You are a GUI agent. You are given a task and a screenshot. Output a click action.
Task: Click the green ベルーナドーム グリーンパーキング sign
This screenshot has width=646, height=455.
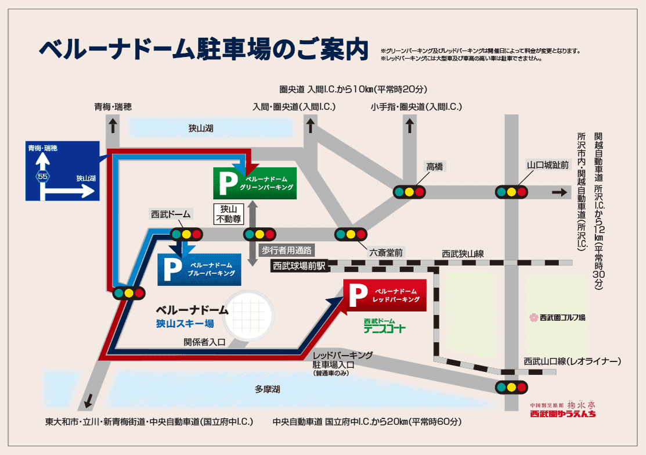click(x=255, y=183)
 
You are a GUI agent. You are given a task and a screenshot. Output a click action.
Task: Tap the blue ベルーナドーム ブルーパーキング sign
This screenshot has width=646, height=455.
click(x=199, y=269)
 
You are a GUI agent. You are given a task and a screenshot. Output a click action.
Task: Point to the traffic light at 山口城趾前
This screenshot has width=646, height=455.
click(x=511, y=191)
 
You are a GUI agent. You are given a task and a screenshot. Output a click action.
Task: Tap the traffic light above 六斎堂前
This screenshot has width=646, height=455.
click(x=351, y=234)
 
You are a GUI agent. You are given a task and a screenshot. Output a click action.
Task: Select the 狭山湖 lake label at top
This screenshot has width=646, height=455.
click(x=201, y=128)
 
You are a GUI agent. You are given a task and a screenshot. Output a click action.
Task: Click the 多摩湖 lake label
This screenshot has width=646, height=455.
click(x=267, y=388)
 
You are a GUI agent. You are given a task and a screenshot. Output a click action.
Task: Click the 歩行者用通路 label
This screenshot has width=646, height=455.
click(x=286, y=250)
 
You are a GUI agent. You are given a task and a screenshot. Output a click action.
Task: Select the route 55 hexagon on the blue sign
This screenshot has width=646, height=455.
click(x=42, y=175)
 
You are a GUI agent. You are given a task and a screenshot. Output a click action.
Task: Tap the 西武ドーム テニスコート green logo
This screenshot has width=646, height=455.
click(x=384, y=326)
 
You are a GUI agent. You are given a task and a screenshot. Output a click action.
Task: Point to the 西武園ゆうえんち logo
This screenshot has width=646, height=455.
click(x=562, y=410)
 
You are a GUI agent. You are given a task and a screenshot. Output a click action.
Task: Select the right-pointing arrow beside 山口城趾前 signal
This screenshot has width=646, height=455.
click(x=559, y=192)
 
